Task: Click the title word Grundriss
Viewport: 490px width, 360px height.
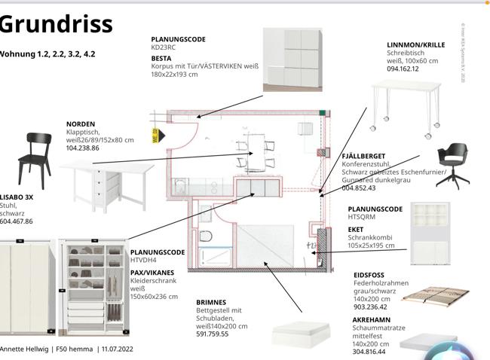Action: pyautogui.click(x=57, y=24)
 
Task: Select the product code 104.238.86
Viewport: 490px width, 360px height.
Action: pyautogui.click(x=82, y=148)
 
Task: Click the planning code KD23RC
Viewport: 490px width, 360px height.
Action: pyautogui.click(x=164, y=47)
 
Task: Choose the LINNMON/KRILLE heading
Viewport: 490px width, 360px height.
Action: pyautogui.click(x=415, y=45)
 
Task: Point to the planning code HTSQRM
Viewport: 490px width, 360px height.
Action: pyautogui.click(x=360, y=217)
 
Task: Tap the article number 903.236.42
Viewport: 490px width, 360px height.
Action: pyautogui.click(x=370, y=307)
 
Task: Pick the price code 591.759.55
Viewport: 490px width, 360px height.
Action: pyautogui.click(x=213, y=334)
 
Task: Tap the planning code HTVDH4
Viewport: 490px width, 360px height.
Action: pyautogui.click(x=143, y=261)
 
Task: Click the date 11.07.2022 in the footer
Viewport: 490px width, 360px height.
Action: pyautogui.click(x=117, y=349)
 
